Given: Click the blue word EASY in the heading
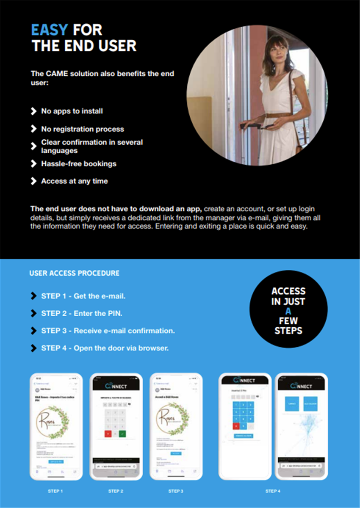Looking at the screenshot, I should (49, 30).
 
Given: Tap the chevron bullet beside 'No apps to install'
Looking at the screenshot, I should (33, 111).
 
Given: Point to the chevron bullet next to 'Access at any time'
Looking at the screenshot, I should (33, 181).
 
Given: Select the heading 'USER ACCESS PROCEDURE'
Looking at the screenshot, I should (74, 273).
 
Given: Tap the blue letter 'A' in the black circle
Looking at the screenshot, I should (288, 311).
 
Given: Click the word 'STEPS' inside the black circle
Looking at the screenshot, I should (288, 331).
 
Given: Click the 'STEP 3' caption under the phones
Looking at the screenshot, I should (176, 491).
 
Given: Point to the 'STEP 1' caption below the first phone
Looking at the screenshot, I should (55, 491).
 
